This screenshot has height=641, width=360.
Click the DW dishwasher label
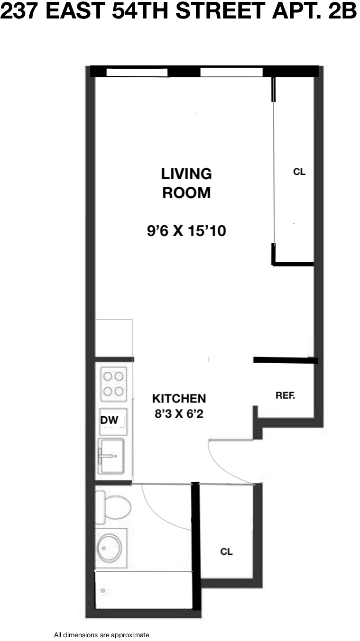tap(109, 420)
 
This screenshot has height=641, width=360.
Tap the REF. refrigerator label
tap(286, 395)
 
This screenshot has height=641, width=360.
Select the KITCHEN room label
tap(179, 398)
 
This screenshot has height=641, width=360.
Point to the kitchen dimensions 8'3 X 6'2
tap(179, 414)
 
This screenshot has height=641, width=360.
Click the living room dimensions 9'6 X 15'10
tap(186, 230)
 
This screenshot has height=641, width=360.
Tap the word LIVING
tap(186, 174)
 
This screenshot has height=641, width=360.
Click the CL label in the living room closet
tap(299, 172)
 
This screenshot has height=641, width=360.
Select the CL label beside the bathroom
tap(226, 552)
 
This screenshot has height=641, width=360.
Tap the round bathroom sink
tap(110, 548)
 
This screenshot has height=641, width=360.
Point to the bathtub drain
tap(103, 590)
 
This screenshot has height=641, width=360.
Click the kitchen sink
tap(111, 456)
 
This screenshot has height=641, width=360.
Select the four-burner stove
tap(114, 384)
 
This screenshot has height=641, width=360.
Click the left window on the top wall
tap(137, 72)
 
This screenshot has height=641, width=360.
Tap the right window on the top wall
tap(231, 72)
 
